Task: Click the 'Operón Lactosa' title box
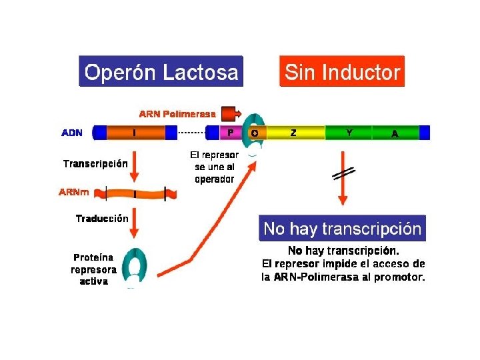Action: pyautogui.click(x=161, y=71)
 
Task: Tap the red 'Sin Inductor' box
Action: pyautogui.click(x=342, y=71)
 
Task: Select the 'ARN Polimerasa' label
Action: pyautogui.click(x=177, y=114)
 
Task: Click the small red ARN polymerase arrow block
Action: pyautogui.click(x=229, y=114)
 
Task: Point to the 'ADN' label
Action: pyautogui.click(x=72, y=133)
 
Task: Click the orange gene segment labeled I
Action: pyautogui.click(x=135, y=133)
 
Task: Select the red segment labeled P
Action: pyautogui.click(x=230, y=133)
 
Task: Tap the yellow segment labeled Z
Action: pyautogui.click(x=293, y=133)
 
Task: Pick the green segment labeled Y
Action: pyautogui.click(x=349, y=133)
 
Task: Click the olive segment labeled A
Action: pyautogui.click(x=395, y=133)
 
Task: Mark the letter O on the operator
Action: pyautogui.click(x=255, y=133)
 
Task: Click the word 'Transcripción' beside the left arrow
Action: pyautogui.click(x=95, y=163)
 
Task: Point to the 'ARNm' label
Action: pyautogui.click(x=74, y=192)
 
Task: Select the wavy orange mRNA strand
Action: pyautogui.click(x=136, y=194)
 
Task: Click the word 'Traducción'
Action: pyautogui.click(x=101, y=218)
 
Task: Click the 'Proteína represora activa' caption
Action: pyautogui.click(x=93, y=269)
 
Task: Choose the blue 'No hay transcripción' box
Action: pyautogui.click(x=342, y=229)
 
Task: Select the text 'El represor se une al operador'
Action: pyautogui.click(x=214, y=167)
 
